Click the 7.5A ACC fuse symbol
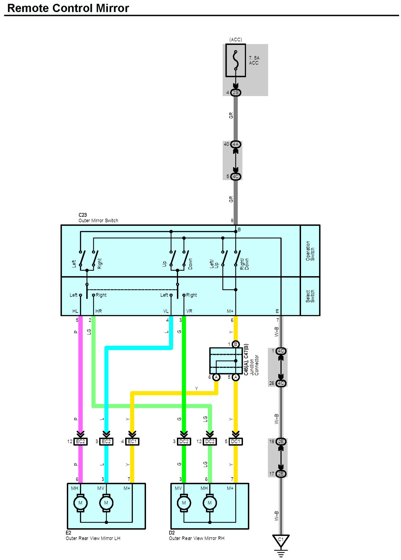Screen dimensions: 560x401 coord(236,60)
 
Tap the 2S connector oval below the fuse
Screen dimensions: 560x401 coord(236,93)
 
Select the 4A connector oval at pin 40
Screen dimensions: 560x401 coord(236,144)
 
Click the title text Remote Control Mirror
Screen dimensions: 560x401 coord(68,8)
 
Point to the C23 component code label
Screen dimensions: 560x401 coord(83,215)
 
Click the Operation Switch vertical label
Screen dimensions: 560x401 coord(310,251)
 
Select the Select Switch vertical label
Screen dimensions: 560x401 coord(310,296)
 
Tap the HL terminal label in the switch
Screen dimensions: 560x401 coord(75,311)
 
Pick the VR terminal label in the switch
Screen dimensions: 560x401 coord(189,311)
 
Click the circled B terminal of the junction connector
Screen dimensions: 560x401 coord(236,344)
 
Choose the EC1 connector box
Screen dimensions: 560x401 coord(132,442)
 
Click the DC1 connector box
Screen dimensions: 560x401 coord(236,442)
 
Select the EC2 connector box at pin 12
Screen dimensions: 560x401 coord(80,442)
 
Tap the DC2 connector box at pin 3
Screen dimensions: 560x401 coord(184,442)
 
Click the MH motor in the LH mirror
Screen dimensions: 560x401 coord(80,503)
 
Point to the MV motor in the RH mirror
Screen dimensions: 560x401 coord(184,503)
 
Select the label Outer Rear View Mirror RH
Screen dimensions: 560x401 coord(197,538)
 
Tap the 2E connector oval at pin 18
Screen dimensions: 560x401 coord(281,442)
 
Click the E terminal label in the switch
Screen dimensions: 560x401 coord(277,311)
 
